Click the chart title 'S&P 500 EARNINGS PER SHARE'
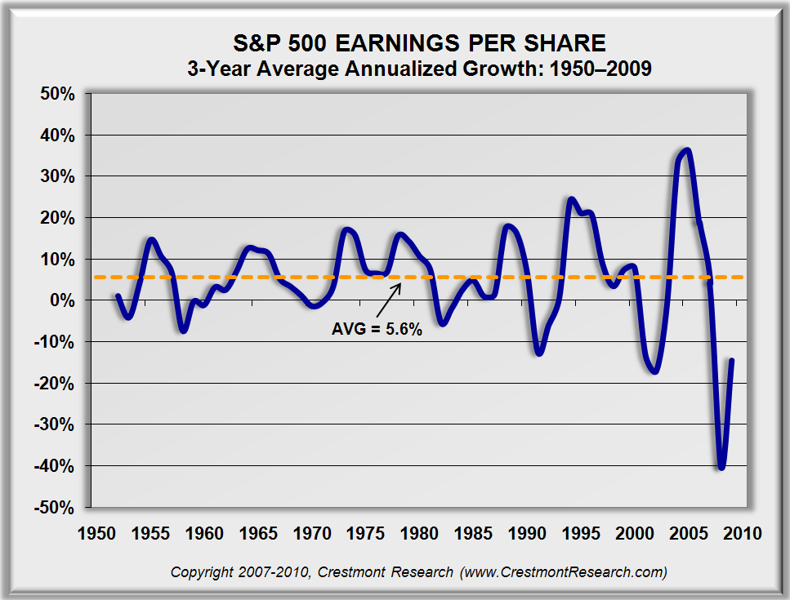418,42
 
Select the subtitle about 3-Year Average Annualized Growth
418,69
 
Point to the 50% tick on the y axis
58,93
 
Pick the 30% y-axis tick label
58,176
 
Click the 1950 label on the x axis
96,534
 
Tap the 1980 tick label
419,534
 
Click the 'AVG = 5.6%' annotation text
377,330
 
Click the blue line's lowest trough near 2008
721,468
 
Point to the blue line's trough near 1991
539,353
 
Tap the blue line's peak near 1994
570,198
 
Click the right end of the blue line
731,361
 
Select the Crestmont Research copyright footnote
418,572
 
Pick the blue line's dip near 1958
183,331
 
